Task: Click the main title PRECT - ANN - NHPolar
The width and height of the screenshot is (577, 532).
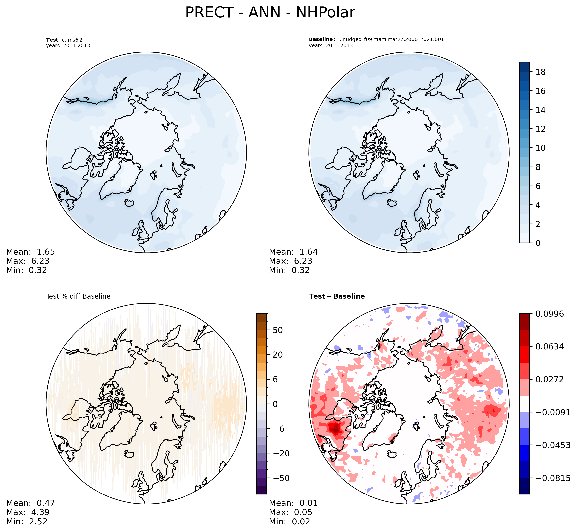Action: tap(270, 13)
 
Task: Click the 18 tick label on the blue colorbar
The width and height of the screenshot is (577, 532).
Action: tap(541, 72)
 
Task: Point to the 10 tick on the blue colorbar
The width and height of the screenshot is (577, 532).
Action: tap(541, 148)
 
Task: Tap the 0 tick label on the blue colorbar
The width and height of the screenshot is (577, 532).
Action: tap(538, 243)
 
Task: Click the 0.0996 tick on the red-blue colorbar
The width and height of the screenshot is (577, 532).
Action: tap(549, 314)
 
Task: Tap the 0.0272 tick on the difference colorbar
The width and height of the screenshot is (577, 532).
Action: tap(549, 379)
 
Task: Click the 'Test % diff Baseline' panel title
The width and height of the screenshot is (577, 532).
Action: tap(78, 296)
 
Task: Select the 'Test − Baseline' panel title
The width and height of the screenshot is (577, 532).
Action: tap(337, 296)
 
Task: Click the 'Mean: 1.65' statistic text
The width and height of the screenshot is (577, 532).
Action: tap(30, 252)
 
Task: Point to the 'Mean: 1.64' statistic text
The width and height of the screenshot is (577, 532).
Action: tap(293, 252)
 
